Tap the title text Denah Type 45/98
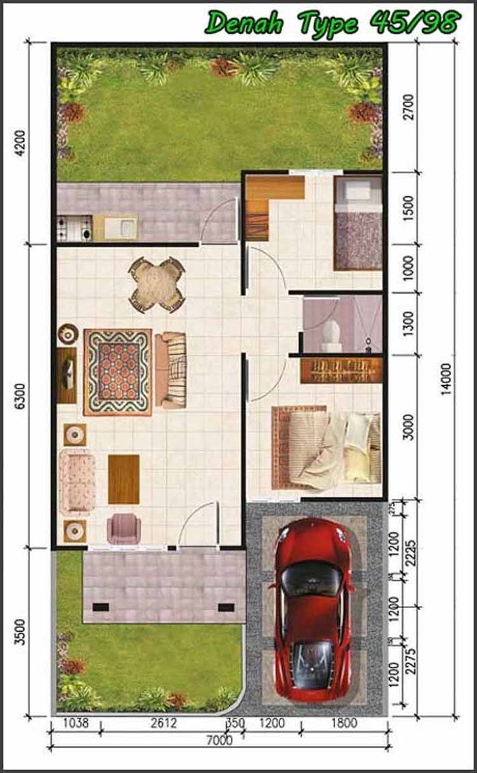tap(333, 22)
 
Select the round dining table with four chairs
tap(157, 284)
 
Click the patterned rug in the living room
tap(118, 372)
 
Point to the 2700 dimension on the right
tap(408, 106)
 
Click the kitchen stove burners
tap(74, 228)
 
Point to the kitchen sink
tap(125, 226)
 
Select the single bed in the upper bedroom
tap(358, 223)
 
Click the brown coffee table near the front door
tap(123, 479)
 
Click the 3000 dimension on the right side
tap(408, 427)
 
